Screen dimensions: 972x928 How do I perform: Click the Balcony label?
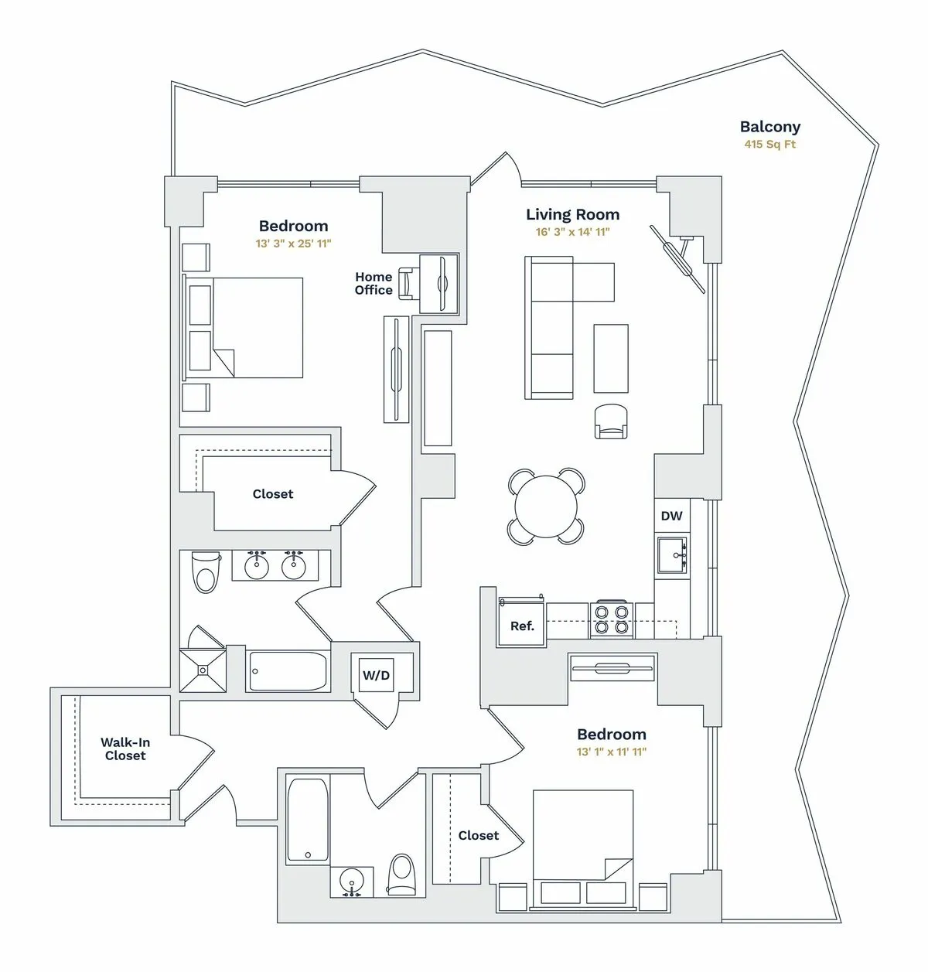pos(769,127)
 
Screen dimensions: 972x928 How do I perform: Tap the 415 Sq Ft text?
pos(769,145)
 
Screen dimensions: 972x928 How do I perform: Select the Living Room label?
pos(572,215)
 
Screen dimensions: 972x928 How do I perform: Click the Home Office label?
pos(374,283)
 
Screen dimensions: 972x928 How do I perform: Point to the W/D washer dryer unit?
pos(377,675)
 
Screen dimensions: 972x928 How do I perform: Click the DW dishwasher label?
pos(671,516)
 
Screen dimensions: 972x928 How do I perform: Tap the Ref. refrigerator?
pos(522,626)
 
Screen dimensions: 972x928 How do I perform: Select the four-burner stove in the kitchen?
pos(611,619)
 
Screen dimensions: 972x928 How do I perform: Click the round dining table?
pos(545,506)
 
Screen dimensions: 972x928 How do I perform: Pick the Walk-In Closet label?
pos(125,749)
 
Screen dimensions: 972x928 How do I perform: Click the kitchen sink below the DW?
pos(672,555)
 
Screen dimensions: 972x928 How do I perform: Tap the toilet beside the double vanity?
pos(206,571)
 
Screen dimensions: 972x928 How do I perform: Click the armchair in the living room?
pos(611,421)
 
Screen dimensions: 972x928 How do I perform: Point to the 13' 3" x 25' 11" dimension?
pos(293,244)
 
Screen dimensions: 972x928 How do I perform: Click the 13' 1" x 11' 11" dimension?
pos(611,752)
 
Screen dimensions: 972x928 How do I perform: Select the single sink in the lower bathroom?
pos(352,882)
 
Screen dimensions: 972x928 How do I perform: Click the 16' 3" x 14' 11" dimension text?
pos(572,232)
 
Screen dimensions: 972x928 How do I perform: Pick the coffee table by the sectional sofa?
pos(610,358)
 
